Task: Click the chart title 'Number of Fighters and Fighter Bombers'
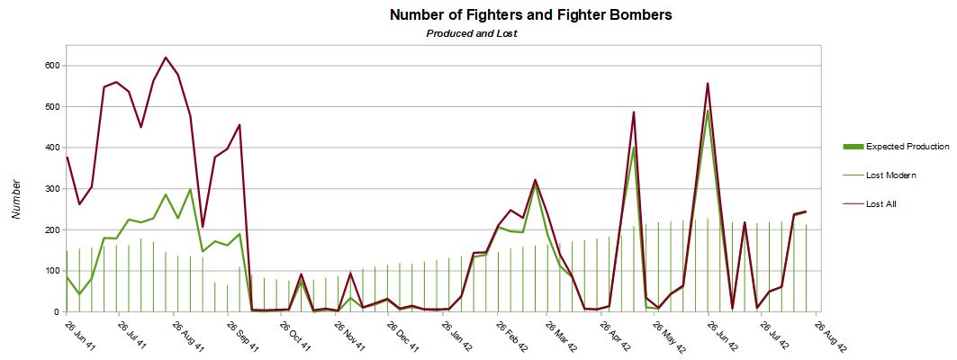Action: [530, 15]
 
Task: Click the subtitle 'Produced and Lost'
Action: [471, 33]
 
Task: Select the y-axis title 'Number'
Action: [16, 198]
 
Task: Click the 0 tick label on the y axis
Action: [55, 312]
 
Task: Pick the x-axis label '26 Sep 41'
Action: [242, 337]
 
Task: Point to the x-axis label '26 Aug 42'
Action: [831, 337]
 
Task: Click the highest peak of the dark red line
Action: [166, 58]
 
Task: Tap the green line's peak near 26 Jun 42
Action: [708, 110]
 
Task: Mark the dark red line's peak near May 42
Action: [634, 112]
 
